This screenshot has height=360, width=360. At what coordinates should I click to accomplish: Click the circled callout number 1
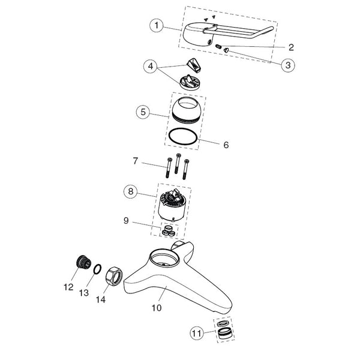[157, 25]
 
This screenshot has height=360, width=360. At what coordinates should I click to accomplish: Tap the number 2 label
[291, 47]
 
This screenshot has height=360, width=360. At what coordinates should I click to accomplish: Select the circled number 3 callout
[288, 65]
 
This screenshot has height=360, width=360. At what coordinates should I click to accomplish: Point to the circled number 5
[143, 112]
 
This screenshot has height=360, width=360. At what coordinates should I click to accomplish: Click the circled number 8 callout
[131, 191]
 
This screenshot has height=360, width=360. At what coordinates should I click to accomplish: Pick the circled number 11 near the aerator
[197, 333]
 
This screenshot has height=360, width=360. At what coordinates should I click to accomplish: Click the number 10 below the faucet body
[157, 308]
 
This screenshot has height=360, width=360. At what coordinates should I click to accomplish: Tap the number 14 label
[101, 299]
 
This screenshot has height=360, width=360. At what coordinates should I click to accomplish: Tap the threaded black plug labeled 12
[83, 261]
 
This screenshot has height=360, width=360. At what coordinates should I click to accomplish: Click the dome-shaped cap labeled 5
[187, 110]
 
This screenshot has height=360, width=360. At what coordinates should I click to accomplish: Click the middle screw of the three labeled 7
[177, 163]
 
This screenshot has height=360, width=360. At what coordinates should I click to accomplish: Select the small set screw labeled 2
[218, 47]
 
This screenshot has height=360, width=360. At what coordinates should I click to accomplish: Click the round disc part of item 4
[189, 83]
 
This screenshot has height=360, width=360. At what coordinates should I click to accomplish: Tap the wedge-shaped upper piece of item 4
[194, 64]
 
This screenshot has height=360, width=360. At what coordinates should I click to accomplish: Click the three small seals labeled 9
[169, 231]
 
